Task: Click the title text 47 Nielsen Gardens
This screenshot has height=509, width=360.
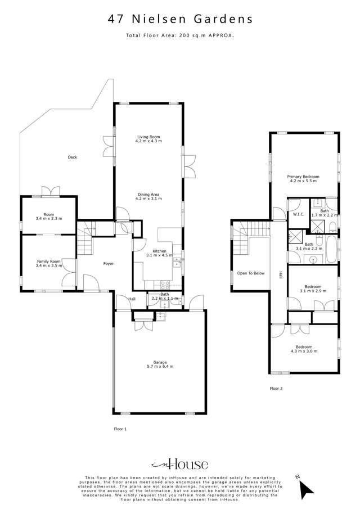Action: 180,20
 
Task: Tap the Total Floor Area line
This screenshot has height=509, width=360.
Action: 180,35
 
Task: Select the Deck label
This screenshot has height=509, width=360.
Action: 72,157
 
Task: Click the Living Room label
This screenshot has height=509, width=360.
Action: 148,137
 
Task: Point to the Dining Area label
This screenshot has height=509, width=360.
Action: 149,195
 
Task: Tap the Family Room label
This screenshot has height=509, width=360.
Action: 48,262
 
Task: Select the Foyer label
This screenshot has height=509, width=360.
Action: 109,263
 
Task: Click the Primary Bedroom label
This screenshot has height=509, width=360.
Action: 304,177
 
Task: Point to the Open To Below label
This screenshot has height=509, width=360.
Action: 251,273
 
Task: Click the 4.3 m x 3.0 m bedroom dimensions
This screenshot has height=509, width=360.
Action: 304,352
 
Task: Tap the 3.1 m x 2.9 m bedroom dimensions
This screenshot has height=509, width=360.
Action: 304,291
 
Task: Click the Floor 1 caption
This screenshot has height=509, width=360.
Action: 120,429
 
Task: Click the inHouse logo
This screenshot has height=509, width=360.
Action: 180,464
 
